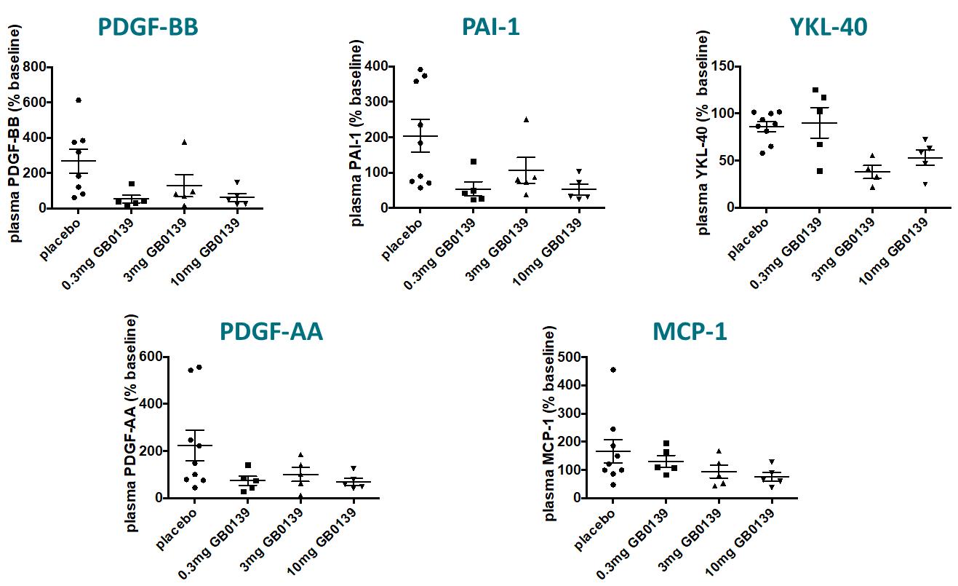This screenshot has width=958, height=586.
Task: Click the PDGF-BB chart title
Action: [148, 28]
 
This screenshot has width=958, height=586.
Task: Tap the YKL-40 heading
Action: [829, 28]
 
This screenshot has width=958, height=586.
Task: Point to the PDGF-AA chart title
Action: [271, 331]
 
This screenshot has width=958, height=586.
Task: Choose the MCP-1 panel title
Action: [689, 331]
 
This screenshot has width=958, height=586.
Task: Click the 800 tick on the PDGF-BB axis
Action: [36, 68]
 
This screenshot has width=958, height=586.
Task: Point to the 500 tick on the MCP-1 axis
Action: [574, 357]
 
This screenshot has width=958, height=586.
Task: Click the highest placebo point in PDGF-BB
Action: [79, 100]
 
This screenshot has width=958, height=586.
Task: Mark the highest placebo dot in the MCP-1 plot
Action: [612, 370]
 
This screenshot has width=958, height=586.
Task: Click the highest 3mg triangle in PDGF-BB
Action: [184, 142]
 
